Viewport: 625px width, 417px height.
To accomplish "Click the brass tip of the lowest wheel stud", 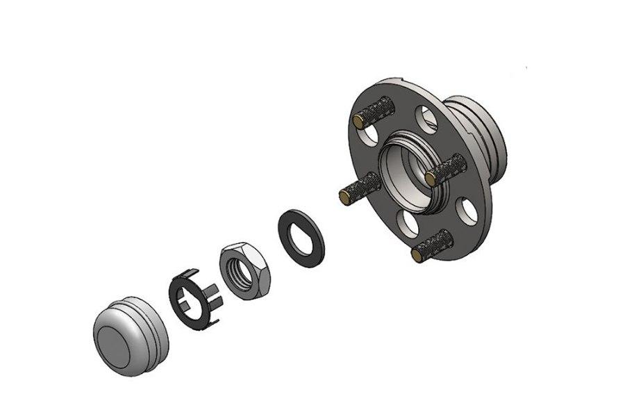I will click(417, 254).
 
